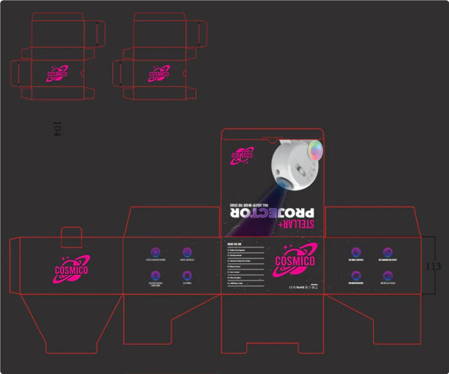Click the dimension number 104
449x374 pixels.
pos(57,129)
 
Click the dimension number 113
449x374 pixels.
pos(433,266)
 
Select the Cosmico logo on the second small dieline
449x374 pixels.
pos(159,73)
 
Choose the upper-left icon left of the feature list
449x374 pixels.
pos(156,252)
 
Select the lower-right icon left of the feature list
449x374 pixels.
pos(187,276)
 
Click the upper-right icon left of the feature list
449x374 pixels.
pos(187,252)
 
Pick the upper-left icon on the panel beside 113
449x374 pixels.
pos(356,252)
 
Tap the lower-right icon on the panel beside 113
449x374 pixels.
pos(387,276)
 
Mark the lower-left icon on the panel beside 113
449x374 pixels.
pos(356,276)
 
